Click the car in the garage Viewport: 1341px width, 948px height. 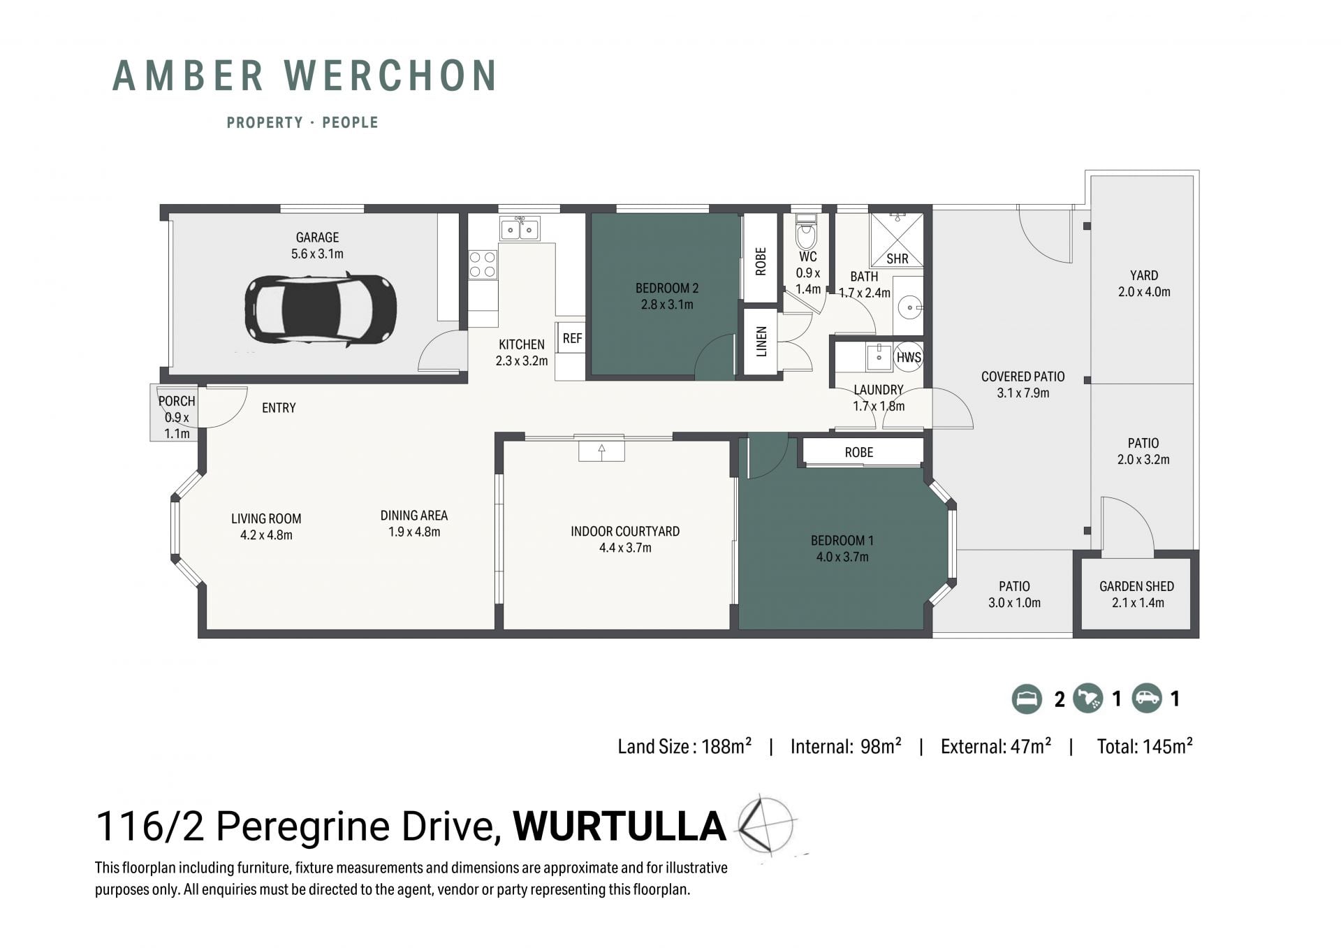[321, 309]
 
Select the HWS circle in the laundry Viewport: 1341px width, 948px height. [909, 357]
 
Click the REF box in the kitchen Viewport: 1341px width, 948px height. [571, 338]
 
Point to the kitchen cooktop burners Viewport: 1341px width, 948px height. [483, 265]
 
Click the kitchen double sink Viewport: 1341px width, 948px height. [520, 228]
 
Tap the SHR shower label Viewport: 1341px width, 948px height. [897, 258]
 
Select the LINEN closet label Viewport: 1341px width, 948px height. [761, 342]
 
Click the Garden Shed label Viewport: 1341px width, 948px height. [1136, 586]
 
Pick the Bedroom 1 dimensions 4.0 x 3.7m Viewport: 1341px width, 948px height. [842, 557]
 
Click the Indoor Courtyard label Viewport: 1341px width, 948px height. [625, 531]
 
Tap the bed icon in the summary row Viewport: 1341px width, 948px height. [1027, 699]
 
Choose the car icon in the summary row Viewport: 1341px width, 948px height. [1147, 698]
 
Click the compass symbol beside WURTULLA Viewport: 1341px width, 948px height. [766, 826]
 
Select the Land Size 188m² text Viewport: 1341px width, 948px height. [684, 746]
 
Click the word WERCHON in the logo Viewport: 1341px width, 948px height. [391, 75]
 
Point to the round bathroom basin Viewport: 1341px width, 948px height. [911, 306]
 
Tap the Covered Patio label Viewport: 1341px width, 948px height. [1023, 377]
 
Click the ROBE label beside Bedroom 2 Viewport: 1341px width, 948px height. [761, 261]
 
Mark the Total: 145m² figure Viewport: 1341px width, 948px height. [1145, 746]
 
